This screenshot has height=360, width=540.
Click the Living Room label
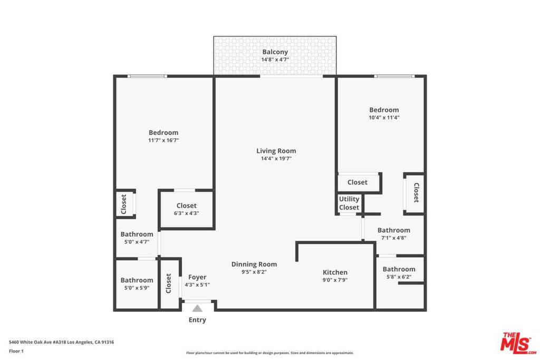[276, 151]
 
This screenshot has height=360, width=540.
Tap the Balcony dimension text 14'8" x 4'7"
[275, 60]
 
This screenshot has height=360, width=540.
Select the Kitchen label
[335, 272]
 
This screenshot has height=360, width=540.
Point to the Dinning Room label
[254, 264]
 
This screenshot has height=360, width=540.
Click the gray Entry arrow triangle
[197, 308]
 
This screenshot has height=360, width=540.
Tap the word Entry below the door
[197, 320]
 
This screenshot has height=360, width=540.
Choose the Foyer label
[197, 277]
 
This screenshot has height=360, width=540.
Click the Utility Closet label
[349, 203]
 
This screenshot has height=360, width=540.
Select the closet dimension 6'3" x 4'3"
[186, 213]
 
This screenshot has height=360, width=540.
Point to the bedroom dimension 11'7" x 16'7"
[163, 140]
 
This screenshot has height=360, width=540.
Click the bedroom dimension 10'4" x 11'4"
[384, 118]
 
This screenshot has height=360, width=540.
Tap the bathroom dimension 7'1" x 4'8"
[393, 238]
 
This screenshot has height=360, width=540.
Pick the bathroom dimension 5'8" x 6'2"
[399, 277]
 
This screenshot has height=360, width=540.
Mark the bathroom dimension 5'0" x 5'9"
[137, 288]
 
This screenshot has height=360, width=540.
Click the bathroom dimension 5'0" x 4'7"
[137, 242]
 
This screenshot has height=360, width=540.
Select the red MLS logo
[518, 343]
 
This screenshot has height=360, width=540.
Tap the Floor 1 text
[16, 351]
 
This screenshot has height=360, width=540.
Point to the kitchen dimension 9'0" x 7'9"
[335, 280]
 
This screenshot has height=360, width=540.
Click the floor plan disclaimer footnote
[269, 353]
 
